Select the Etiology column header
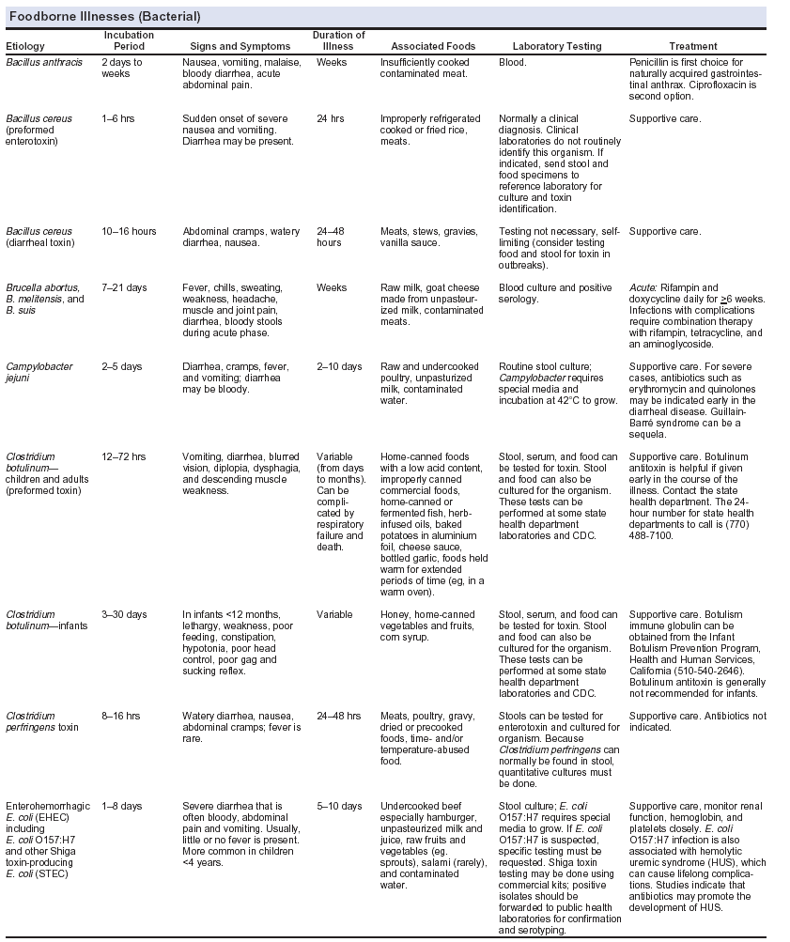(25, 46)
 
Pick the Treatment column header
(693, 46)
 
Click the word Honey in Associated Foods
(395, 614)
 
